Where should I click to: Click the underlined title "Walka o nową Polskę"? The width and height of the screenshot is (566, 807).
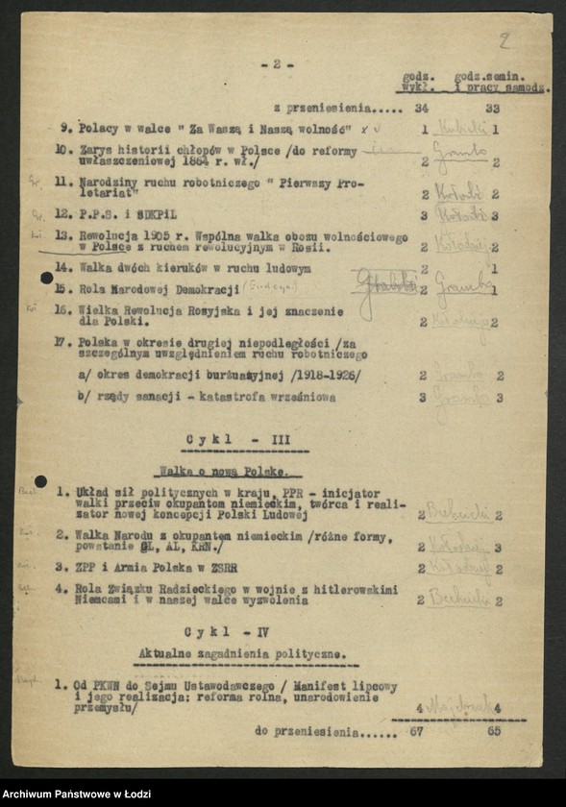(229, 472)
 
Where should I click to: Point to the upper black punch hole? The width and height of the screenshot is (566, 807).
(46, 279)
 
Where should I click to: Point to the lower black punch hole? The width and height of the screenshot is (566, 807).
(40, 481)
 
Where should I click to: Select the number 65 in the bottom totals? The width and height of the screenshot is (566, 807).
(495, 731)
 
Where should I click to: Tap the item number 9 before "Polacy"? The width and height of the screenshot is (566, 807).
(62, 129)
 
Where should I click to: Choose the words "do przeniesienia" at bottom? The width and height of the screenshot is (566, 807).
(308, 731)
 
